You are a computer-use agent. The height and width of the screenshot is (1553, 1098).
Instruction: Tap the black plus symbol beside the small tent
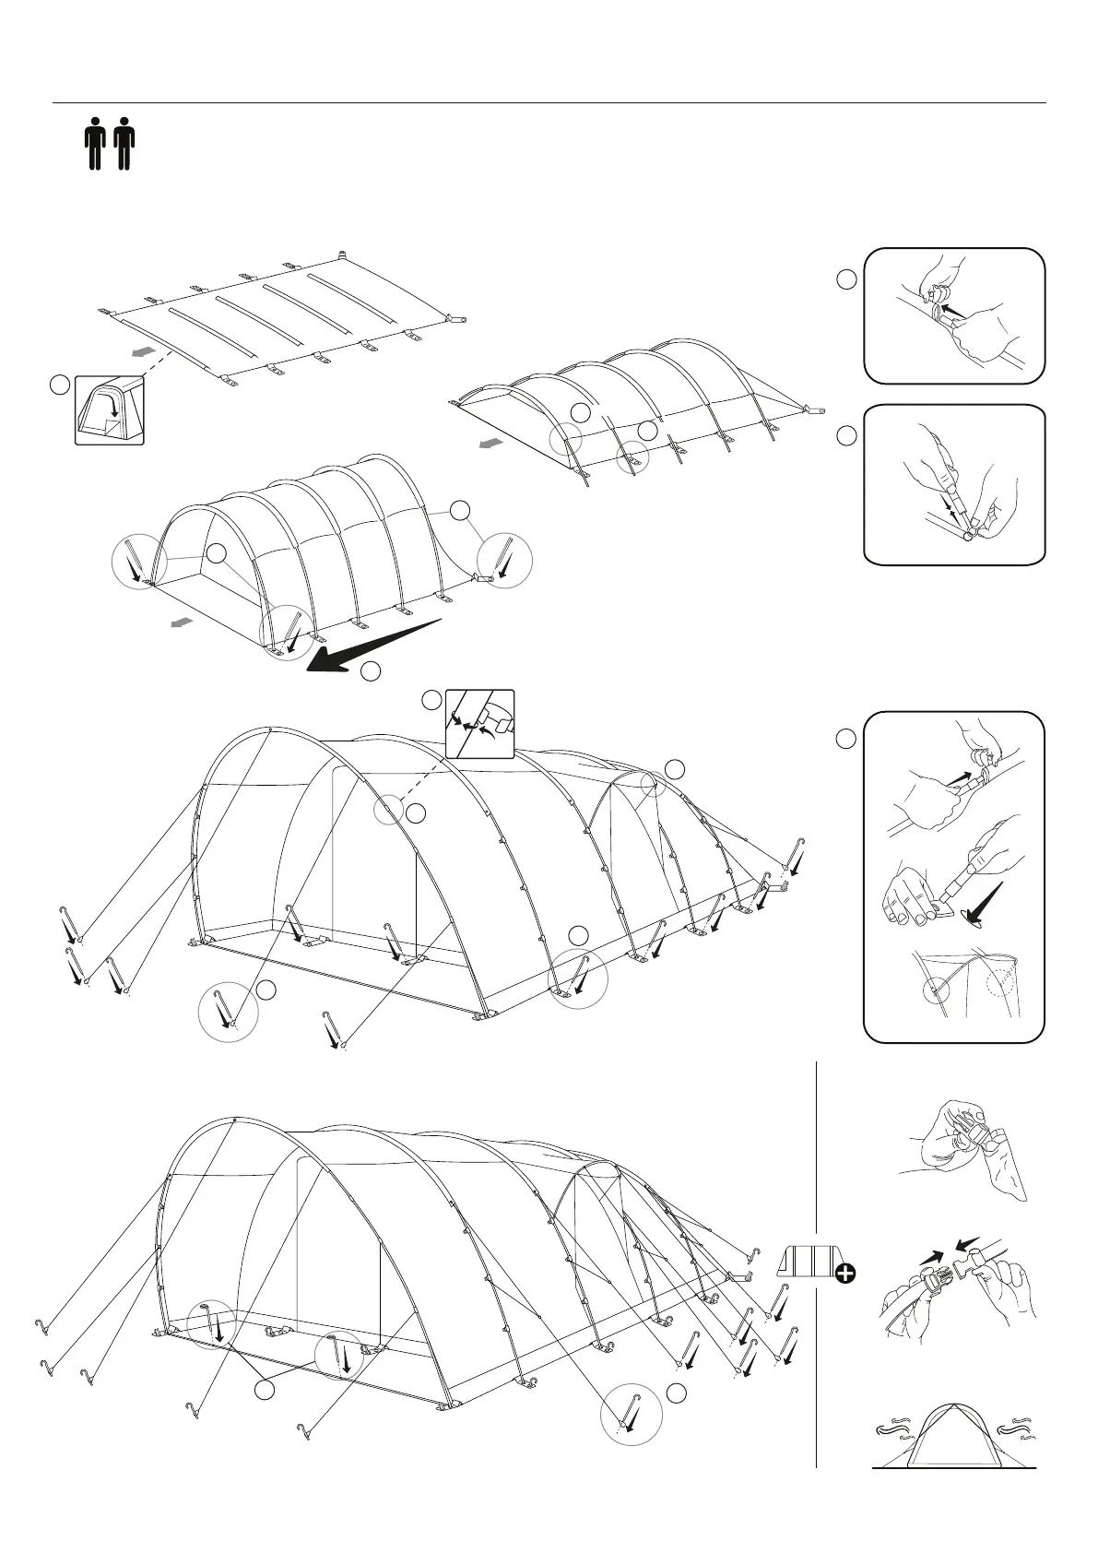point(844,1274)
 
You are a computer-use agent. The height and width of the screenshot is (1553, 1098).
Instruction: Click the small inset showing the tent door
point(110,410)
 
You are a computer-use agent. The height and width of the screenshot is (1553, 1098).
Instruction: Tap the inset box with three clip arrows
point(479,723)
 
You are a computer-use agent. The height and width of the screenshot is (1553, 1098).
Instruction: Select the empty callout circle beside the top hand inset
point(847,279)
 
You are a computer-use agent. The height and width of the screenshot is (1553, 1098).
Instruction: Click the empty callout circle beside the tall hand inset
point(846,739)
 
